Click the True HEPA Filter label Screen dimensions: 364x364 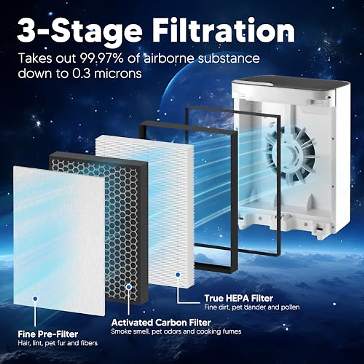click(238, 298)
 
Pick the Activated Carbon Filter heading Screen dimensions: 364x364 click(161, 322)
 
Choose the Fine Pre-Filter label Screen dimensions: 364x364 click(48, 334)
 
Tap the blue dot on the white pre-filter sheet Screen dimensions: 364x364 click(35, 299)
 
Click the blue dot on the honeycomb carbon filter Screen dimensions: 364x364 click(129, 286)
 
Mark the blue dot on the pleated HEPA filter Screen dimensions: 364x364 click(178, 275)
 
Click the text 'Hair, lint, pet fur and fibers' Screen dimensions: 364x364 click(58, 343)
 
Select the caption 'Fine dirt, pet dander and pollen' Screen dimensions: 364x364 click(252, 307)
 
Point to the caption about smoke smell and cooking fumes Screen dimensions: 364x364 click(176, 331)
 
